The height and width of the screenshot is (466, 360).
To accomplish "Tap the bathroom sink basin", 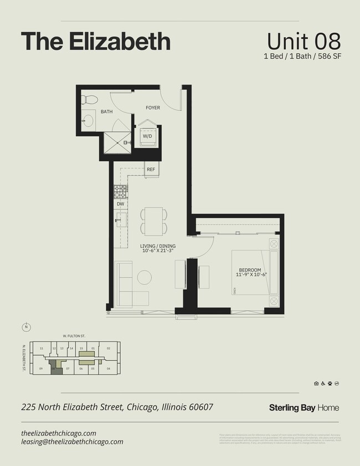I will [88, 120].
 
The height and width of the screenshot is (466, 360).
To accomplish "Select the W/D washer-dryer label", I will [148, 136].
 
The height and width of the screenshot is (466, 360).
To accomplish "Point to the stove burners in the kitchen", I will [120, 191].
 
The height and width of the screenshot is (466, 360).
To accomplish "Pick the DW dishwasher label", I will [120, 204].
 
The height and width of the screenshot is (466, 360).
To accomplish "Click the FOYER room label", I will [153, 107].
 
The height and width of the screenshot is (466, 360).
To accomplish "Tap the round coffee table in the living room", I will [145, 277].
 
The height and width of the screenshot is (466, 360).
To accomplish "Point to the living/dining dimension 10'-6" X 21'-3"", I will [158, 250].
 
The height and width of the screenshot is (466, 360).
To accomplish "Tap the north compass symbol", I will [26, 326].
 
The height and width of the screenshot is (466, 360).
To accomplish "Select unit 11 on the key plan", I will [42, 348].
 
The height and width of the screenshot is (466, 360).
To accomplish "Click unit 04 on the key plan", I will [109, 368].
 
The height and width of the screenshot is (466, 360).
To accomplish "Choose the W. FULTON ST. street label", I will [73, 335].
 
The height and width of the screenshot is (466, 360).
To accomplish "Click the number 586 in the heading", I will [319, 56].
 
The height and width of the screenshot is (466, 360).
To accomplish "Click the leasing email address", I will [72, 442].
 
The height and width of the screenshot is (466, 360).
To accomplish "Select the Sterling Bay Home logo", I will [304, 408].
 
